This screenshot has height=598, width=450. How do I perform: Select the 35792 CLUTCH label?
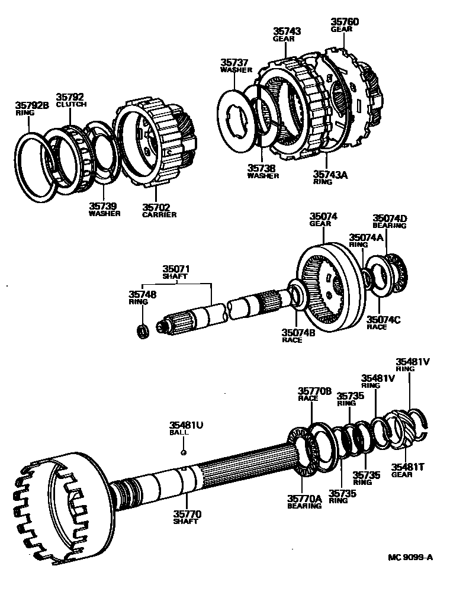coord(71,100)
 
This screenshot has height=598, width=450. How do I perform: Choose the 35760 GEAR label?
coord(345,25)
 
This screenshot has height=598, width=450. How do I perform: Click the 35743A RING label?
coord(330,178)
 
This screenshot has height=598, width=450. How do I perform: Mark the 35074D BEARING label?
coord(390,221)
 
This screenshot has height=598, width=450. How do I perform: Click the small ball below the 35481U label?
coord(184,452)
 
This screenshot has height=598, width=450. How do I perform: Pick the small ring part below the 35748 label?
coord(142,330)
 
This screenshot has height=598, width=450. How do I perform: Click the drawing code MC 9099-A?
coord(410,557)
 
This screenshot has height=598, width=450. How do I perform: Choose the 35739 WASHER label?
coord(104,209)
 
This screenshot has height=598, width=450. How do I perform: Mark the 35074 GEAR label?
coord(323,220)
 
